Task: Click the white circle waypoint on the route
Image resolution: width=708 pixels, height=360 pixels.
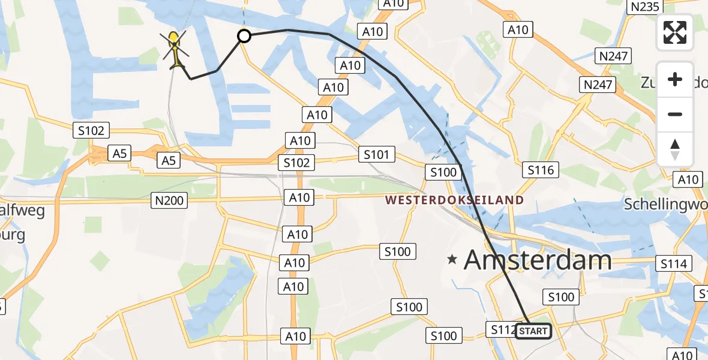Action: (x=244, y=37)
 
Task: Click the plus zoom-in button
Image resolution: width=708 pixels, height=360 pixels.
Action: (x=675, y=79)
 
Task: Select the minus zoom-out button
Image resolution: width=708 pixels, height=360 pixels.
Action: (x=675, y=114)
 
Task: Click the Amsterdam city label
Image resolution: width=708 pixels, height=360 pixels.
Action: (x=538, y=260)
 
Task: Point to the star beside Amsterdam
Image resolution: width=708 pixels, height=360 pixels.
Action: (x=452, y=260)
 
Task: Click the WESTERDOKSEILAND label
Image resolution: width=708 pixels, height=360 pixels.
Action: (x=454, y=200)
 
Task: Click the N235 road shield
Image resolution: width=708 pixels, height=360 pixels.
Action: (x=643, y=7)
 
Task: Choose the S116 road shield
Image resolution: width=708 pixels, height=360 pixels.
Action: (x=540, y=170)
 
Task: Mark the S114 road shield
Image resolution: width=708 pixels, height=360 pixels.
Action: (x=674, y=263)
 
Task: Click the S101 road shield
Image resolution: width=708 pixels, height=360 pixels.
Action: (x=377, y=155)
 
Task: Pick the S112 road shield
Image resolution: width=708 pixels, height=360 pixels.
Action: (x=502, y=329)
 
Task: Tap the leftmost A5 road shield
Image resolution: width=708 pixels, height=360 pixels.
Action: (x=119, y=153)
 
